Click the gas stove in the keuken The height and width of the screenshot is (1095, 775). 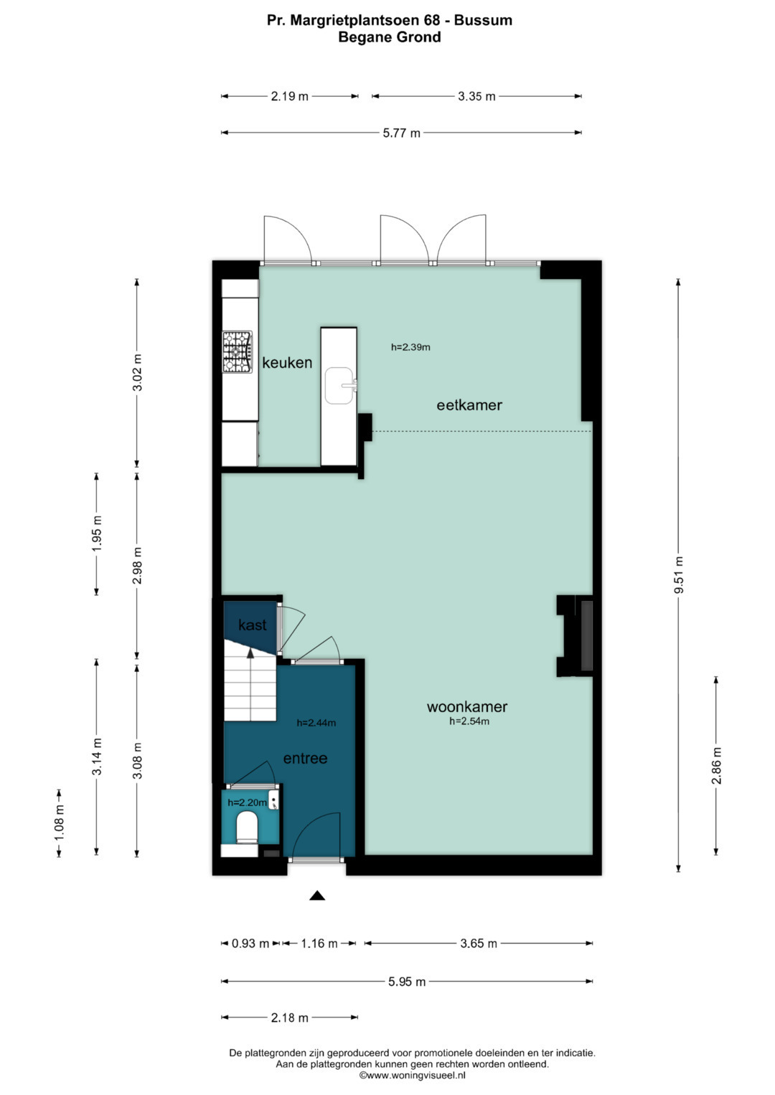coord(238,352)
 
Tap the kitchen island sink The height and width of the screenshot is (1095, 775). coord(340,386)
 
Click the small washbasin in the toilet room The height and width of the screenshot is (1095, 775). coord(274,801)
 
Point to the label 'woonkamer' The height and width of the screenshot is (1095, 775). coord(466,706)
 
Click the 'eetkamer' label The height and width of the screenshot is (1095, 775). coord(469,404)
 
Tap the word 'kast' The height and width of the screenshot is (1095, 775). coord(253,625)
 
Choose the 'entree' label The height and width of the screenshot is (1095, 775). coord(305,758)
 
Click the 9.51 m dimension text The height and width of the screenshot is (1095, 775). coord(678,575)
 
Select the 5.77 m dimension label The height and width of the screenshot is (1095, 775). coord(401,133)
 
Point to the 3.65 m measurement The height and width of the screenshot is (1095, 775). coord(479,944)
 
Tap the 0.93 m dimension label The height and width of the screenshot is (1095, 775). coord(250,944)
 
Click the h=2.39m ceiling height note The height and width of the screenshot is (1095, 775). coord(410,347)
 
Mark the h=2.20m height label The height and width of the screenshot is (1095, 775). coord(247,802)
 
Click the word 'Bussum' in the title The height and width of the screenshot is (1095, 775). coord(483,20)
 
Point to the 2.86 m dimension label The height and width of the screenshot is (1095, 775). coord(716,766)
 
